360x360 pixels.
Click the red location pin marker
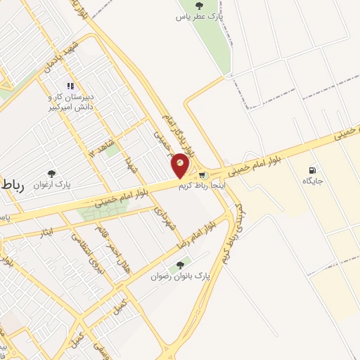pyautogui.click(x=181, y=165)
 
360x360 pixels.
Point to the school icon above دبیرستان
pyautogui.click(x=70, y=86)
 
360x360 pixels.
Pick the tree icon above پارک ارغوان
pyautogui.click(x=51, y=173)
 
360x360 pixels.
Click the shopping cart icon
pyautogui.click(x=202, y=175)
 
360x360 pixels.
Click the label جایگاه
pyautogui.click(x=312, y=181)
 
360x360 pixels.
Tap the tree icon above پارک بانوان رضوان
pyautogui.click(x=180, y=265)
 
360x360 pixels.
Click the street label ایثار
pyautogui.click(x=47, y=231)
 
